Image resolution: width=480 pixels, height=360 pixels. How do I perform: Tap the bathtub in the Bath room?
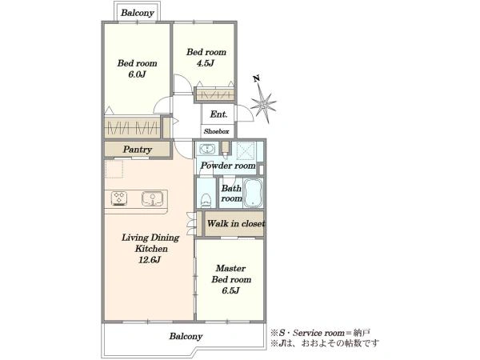tap(253, 194)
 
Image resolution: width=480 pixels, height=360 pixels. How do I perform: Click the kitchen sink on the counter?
tap(152, 198)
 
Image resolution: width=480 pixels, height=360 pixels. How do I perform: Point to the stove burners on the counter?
tap(119, 198)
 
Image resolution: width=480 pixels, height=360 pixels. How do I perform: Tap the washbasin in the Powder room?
tap(207, 150)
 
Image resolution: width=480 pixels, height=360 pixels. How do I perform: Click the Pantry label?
tap(138, 150)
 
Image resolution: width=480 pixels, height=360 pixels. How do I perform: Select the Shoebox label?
tap(217, 131)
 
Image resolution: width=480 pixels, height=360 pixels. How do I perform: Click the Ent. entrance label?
tap(218, 114)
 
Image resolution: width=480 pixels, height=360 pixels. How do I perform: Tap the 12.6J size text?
tap(150, 260)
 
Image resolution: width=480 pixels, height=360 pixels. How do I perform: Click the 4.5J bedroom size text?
tap(206, 63)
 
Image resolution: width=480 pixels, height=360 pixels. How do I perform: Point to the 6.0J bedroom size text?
tap(137, 74)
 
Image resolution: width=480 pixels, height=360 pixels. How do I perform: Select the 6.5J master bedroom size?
tap(231, 290)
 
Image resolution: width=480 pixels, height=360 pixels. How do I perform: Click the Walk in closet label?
tap(236, 223)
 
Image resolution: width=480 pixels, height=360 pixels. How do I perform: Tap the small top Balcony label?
tap(137, 13)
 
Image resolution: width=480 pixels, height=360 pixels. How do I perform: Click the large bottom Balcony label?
tap(186, 336)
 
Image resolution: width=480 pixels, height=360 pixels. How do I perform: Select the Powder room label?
tap(228, 166)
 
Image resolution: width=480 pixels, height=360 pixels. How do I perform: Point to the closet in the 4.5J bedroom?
tap(215, 94)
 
